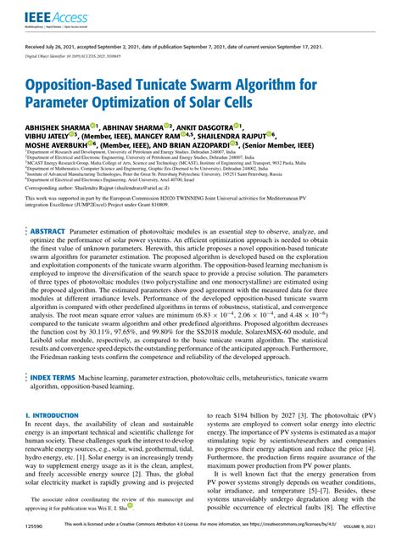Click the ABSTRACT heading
(47, 230)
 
